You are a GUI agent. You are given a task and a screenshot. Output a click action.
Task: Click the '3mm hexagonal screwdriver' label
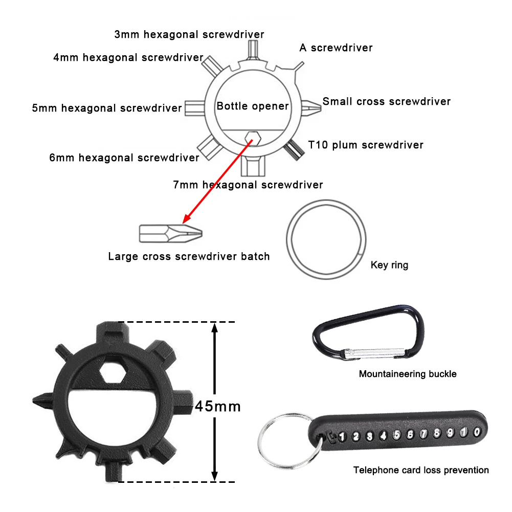tap(189, 35)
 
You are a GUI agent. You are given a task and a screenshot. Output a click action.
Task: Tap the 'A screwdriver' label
tap(336, 48)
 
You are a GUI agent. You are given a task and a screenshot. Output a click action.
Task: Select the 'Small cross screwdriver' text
tap(387, 101)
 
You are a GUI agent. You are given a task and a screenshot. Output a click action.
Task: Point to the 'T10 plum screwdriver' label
tap(366, 145)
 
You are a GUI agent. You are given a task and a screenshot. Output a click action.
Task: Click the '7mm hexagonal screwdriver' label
tap(248, 184)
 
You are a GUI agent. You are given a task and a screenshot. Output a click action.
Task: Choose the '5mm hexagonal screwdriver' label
tap(107, 108)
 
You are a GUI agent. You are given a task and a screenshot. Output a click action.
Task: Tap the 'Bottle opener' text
tap(253, 106)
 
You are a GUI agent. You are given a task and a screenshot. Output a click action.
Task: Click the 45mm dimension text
tap(217, 406)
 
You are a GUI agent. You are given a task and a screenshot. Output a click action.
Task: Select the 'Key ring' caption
tap(389, 265)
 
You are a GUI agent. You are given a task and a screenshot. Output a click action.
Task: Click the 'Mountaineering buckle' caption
tap(408, 374)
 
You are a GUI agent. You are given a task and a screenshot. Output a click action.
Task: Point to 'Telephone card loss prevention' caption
tap(421, 470)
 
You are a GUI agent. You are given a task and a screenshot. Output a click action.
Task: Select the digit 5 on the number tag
tap(396, 436)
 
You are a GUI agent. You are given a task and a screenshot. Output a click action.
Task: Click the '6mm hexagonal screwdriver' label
tap(124, 158)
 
